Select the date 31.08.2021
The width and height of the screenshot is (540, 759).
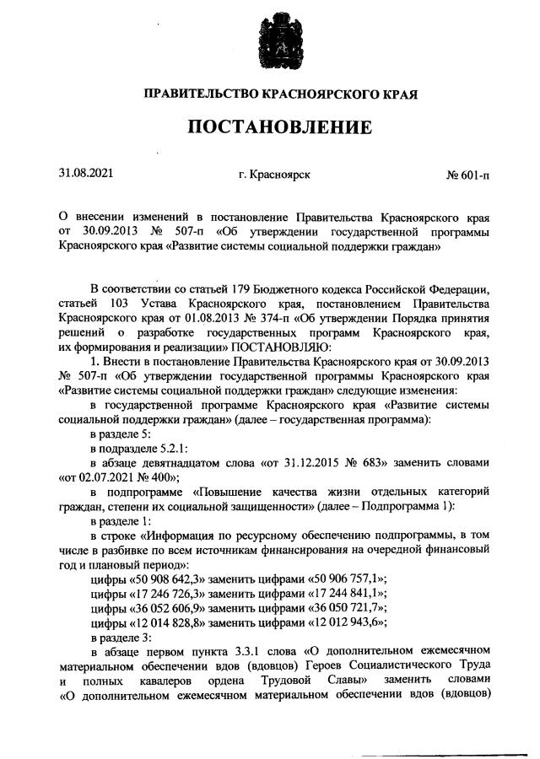tap(85, 174)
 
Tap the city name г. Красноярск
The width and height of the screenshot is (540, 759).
tap(273, 175)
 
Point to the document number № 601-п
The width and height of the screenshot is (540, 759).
tap(468, 175)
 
